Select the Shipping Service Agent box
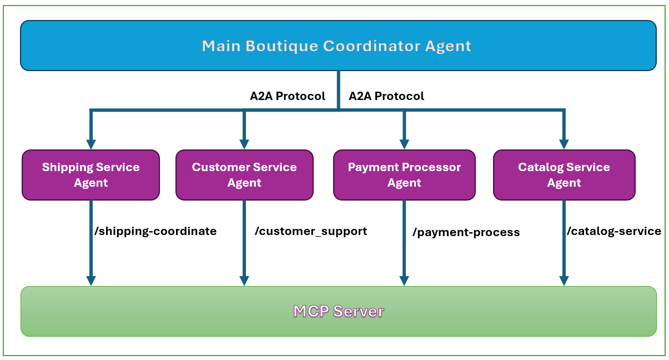coord(90,175)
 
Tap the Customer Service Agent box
coord(244,175)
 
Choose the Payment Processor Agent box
coord(404,175)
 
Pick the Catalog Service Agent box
coord(564,175)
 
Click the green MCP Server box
coord(338,311)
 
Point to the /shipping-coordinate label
coord(155,231)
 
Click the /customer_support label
coord(310,231)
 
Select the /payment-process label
coord(466,232)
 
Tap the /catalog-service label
coord(613,231)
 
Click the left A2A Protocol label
coord(287,96)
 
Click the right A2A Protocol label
coord(386,96)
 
